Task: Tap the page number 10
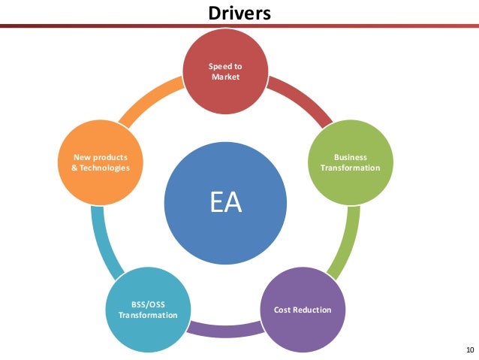pyautogui.click(x=470, y=350)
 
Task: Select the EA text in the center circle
pyautogui.click(x=225, y=203)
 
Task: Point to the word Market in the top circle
pyautogui.click(x=225, y=77)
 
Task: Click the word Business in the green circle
pyautogui.click(x=350, y=157)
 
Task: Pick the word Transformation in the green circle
pyautogui.click(x=350, y=168)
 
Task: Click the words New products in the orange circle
pyautogui.click(x=99, y=157)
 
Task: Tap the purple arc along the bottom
pyautogui.click(x=224, y=329)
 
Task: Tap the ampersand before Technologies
pyautogui.click(x=63, y=168)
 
